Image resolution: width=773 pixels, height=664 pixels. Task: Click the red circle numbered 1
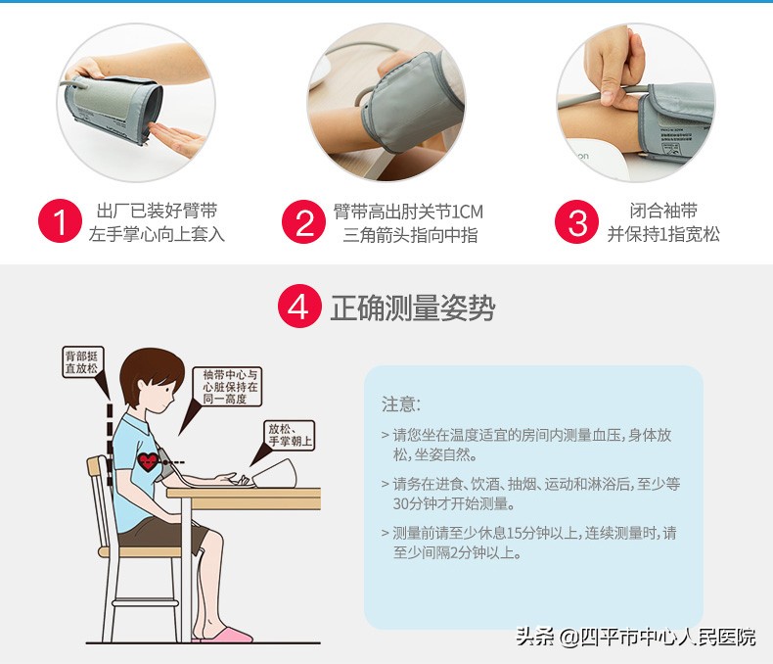click(60, 222)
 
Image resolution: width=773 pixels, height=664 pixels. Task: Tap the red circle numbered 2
click(303, 222)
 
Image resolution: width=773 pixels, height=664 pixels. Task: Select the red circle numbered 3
click(576, 222)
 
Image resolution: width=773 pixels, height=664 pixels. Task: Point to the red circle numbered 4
click(299, 308)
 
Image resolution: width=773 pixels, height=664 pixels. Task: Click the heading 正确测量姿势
click(412, 308)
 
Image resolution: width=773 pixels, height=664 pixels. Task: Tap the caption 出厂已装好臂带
click(157, 211)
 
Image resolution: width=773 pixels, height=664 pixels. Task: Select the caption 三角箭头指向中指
click(410, 235)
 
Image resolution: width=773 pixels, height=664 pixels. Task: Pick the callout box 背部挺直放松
click(80, 362)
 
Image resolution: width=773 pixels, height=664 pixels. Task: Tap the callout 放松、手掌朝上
click(290, 436)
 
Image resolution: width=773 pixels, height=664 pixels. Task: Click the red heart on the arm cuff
click(148, 460)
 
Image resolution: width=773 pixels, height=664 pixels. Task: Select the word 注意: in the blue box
click(400, 404)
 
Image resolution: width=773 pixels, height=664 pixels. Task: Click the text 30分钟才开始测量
click(452, 503)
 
